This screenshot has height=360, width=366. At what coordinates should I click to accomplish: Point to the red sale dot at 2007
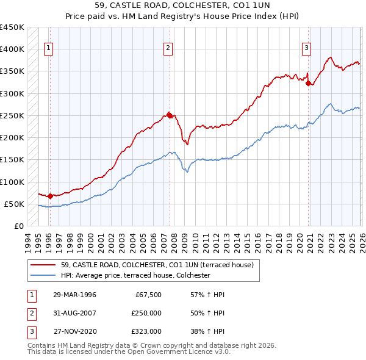point(169,115)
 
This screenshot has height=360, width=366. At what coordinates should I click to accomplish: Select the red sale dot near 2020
point(309,83)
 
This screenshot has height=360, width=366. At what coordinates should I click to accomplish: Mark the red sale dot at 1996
point(50,196)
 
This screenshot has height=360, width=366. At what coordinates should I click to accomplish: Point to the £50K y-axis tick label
point(14,204)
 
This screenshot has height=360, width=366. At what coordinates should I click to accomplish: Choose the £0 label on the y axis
point(20,226)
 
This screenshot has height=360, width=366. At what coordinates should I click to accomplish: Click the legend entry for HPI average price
point(135,275)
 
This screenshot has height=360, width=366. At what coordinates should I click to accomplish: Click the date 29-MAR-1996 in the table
point(74,295)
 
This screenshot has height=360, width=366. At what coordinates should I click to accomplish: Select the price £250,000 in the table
point(146,313)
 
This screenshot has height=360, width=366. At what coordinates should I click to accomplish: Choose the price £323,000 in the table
point(146,331)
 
